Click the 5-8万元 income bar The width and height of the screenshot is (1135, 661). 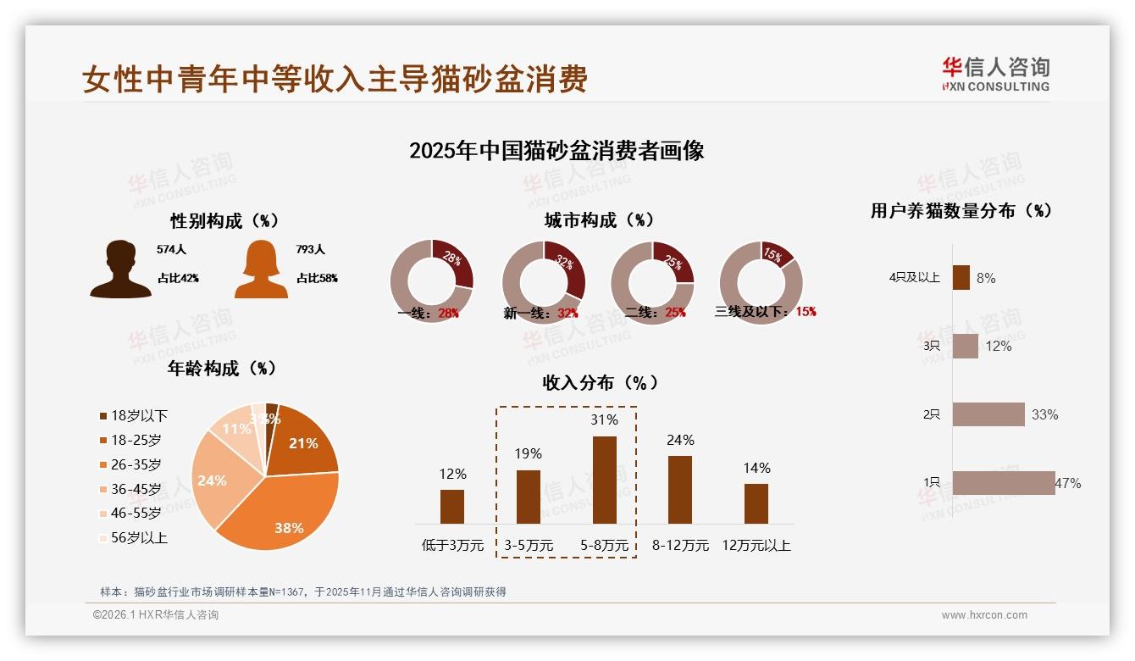pyautogui.click(x=604, y=480)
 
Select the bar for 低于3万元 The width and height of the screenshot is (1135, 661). pyautogui.click(x=452, y=506)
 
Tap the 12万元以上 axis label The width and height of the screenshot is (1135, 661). pyautogui.click(x=756, y=546)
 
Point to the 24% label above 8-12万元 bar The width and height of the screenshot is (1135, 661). pyautogui.click(x=679, y=440)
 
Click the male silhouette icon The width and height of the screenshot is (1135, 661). pyautogui.click(x=120, y=269)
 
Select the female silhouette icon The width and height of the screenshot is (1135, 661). pyautogui.click(x=261, y=269)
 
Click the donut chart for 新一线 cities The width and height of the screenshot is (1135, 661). pyautogui.click(x=543, y=282)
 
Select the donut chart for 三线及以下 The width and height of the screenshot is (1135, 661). pyautogui.click(x=761, y=282)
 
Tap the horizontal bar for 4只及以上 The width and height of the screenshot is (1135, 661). pyautogui.click(x=961, y=278)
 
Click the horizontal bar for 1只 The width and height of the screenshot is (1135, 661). pyautogui.click(x=1004, y=483)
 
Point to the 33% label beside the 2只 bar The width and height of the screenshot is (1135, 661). pyautogui.click(x=1044, y=414)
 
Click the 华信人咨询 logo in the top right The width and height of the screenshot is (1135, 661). pyautogui.click(x=995, y=74)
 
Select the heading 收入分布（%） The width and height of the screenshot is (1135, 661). pyautogui.click(x=600, y=382)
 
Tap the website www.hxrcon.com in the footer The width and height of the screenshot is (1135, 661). pyautogui.click(x=984, y=615)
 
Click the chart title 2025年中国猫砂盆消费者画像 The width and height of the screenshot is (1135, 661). pyautogui.click(x=556, y=151)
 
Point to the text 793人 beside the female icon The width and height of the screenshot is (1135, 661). pyautogui.click(x=310, y=249)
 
